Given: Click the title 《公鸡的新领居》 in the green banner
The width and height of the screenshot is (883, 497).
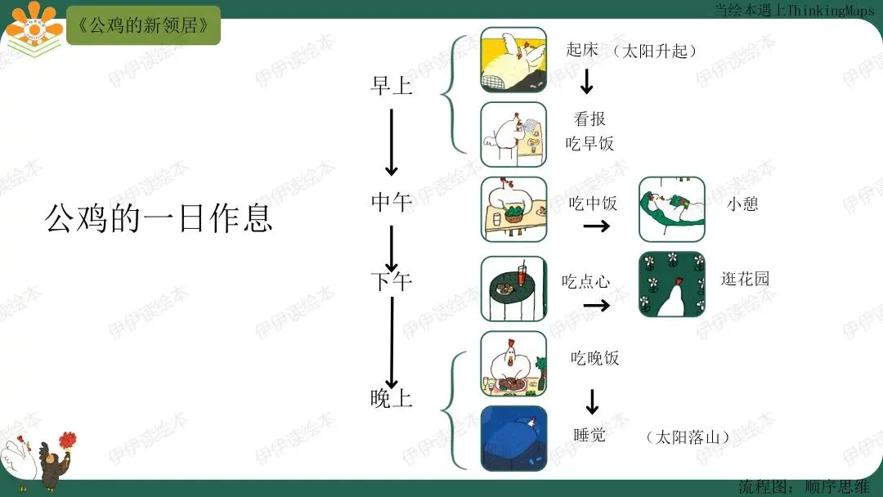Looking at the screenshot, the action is click(143, 25).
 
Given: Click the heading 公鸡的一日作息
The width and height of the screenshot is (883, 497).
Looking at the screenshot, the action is click(159, 219).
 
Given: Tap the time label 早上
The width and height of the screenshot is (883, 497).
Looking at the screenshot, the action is click(392, 86).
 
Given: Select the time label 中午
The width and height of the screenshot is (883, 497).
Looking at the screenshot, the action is click(392, 201).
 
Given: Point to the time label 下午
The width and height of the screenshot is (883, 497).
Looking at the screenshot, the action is click(392, 282).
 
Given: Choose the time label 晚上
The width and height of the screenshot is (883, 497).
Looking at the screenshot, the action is click(392, 399).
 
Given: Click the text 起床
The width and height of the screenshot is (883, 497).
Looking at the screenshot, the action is click(582, 49).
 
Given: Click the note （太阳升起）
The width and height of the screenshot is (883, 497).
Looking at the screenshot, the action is click(657, 51).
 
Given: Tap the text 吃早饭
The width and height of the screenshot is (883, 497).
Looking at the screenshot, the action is click(589, 144).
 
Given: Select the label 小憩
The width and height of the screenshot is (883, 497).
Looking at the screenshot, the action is click(742, 204).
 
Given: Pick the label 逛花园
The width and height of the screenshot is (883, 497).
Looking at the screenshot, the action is click(746, 279).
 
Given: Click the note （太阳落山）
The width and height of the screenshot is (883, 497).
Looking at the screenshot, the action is click(687, 437).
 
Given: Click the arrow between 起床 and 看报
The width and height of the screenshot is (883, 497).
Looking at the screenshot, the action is click(586, 81).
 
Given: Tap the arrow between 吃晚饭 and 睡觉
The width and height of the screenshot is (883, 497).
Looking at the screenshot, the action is click(592, 401).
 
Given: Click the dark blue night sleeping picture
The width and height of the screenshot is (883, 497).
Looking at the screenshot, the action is click(513, 438).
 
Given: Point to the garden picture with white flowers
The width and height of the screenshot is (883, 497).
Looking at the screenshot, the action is click(671, 284).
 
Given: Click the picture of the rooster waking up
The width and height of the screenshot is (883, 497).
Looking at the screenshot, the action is click(513, 59).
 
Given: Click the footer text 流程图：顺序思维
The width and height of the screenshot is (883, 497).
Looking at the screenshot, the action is click(804, 487).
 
